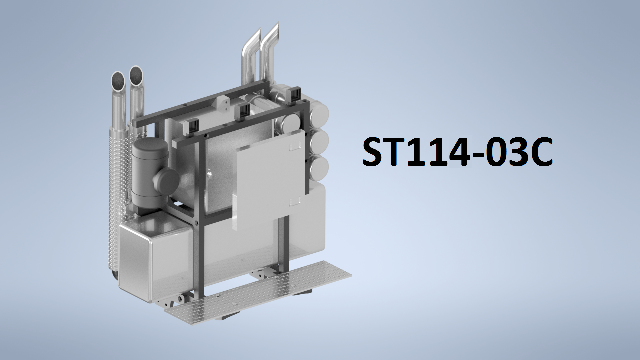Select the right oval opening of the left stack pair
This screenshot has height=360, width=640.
(136, 75)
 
